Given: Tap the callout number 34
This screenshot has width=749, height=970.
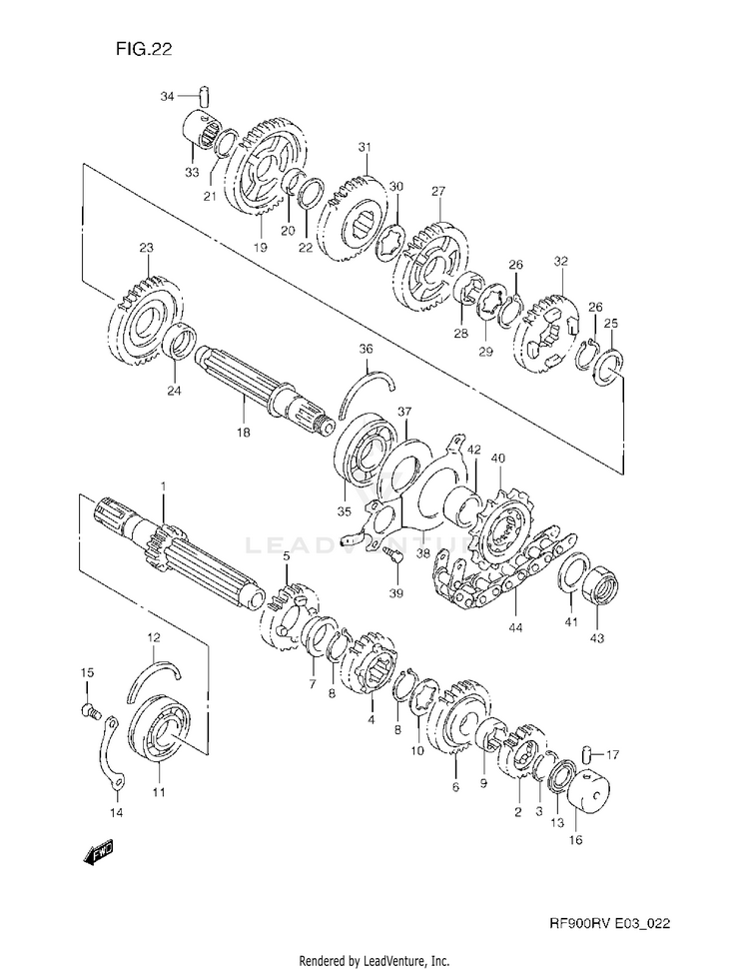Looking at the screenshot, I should click(x=168, y=96).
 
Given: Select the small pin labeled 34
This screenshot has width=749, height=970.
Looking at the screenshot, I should click(x=201, y=96).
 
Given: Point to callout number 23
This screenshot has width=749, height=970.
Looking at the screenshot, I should click(x=146, y=249).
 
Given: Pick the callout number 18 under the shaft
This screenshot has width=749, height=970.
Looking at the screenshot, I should click(x=243, y=433).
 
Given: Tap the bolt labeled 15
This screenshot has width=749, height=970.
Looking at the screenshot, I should click(x=88, y=711).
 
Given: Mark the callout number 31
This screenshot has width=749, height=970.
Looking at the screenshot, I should click(x=366, y=148).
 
